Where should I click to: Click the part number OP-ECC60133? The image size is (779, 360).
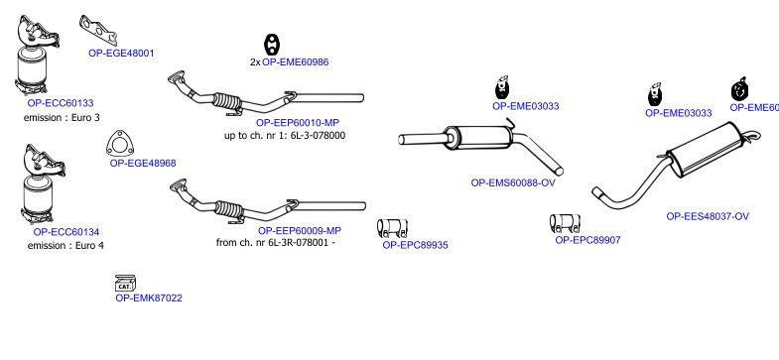(x=61, y=103)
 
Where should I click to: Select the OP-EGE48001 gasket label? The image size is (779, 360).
(x=121, y=54)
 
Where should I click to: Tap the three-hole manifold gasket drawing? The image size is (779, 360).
(x=98, y=30)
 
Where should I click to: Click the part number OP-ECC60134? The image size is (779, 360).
(x=66, y=232)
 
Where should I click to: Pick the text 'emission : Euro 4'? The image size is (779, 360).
(x=65, y=245)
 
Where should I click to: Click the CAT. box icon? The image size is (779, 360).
(x=125, y=283)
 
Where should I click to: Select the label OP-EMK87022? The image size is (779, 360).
(x=149, y=298)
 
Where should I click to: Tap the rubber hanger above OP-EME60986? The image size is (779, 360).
(x=272, y=45)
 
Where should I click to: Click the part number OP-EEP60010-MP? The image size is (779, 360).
(x=298, y=123)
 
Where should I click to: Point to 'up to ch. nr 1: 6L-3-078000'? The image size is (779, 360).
(x=285, y=135)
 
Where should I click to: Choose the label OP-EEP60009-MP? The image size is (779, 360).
(x=300, y=230)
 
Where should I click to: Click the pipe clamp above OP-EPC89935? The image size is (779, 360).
(x=392, y=228)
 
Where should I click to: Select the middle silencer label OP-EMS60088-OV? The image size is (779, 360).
(x=513, y=182)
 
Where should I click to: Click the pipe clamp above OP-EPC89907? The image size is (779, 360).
(x=565, y=223)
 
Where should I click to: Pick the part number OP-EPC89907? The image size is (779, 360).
(x=587, y=240)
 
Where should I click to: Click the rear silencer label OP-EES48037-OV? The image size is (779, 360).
(x=708, y=216)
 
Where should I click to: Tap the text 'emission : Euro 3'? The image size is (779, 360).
(x=62, y=118)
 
